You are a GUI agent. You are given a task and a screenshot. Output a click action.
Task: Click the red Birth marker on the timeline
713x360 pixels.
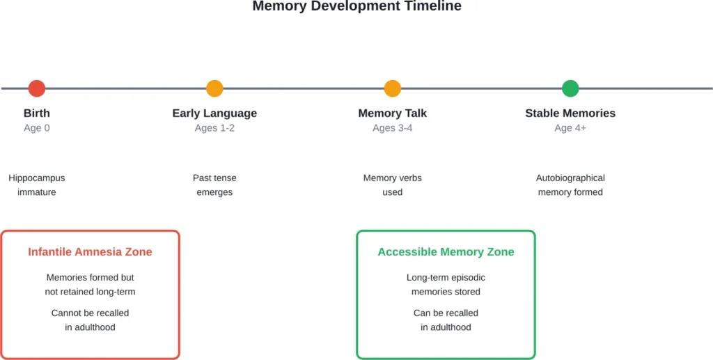pyautogui.click(x=37, y=88)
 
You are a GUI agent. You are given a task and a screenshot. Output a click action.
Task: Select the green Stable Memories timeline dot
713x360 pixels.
pyautogui.click(x=570, y=88)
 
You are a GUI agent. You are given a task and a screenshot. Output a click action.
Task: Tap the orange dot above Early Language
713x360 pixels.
pyautogui.click(x=214, y=88)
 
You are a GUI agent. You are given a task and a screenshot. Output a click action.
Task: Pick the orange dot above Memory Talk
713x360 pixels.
pyautogui.click(x=393, y=88)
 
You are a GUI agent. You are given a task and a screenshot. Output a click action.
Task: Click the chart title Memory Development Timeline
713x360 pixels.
pyautogui.click(x=356, y=6)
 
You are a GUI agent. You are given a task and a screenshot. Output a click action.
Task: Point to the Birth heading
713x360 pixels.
pyautogui.click(x=37, y=113)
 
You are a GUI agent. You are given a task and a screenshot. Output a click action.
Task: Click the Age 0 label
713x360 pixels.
pyautogui.click(x=37, y=128)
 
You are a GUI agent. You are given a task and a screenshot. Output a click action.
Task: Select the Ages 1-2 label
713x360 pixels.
pyautogui.click(x=214, y=128)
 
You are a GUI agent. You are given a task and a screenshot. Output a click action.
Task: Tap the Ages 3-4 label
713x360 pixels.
pyautogui.click(x=393, y=128)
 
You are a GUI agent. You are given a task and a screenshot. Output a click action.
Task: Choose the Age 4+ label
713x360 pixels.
pyautogui.click(x=570, y=128)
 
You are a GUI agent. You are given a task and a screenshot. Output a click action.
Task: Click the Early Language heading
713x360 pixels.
pyautogui.click(x=214, y=113)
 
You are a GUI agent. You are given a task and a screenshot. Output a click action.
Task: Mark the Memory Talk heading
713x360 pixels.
pyautogui.click(x=393, y=113)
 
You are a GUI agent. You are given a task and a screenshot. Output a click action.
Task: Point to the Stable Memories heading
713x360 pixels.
pyautogui.click(x=570, y=113)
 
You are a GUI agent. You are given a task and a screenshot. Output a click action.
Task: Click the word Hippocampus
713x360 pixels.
pyautogui.click(x=37, y=178)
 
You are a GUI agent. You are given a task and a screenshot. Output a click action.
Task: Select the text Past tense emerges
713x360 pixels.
pyautogui.click(x=214, y=185)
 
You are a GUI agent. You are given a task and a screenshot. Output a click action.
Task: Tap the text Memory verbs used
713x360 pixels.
pyautogui.click(x=393, y=185)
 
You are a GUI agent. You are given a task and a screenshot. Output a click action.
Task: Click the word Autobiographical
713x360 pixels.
pyautogui.click(x=570, y=178)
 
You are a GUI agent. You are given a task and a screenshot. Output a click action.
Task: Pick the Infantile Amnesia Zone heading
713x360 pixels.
pyautogui.click(x=90, y=252)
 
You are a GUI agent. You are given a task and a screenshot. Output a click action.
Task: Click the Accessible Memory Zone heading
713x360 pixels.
pyautogui.click(x=446, y=252)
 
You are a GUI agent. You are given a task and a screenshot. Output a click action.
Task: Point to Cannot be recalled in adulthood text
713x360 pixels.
pyautogui.click(x=90, y=320)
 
